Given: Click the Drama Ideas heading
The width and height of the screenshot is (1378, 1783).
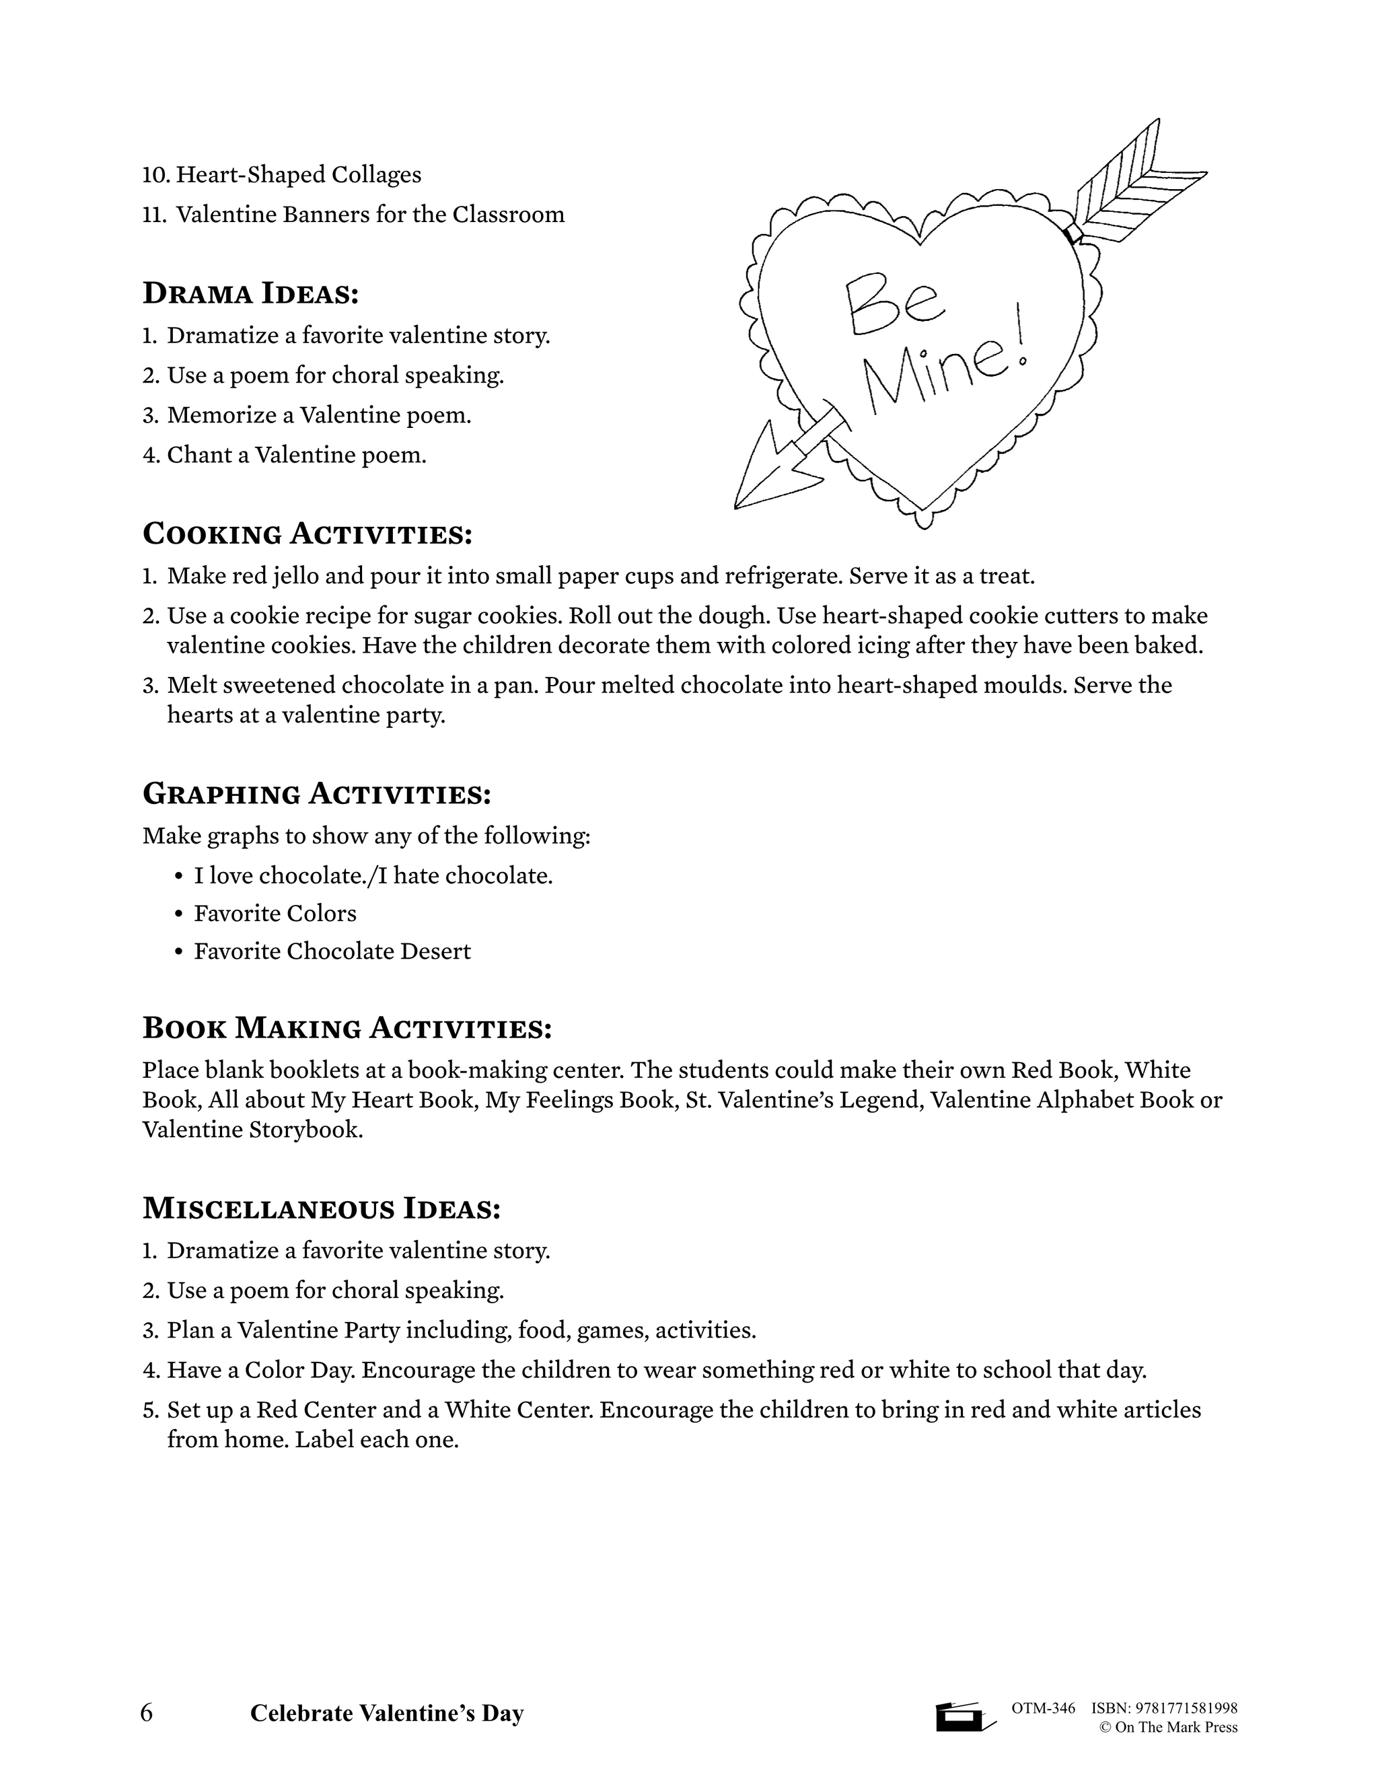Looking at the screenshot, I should point(250,294).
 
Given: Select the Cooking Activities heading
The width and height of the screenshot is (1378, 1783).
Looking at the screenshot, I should point(307,534).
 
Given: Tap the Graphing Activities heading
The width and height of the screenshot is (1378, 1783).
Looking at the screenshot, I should point(317,793).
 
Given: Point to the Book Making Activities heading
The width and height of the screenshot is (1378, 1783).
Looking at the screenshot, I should point(347,1028).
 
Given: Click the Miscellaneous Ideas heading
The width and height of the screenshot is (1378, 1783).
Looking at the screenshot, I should point(321,1208).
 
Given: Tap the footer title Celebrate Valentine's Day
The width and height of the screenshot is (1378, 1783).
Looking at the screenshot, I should point(386,1714).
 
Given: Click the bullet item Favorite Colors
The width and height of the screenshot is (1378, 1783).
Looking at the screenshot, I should point(275,913).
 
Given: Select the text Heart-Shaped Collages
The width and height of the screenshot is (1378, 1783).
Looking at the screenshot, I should point(299,174).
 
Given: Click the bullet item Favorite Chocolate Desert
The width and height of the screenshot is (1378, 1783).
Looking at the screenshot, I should point(332,951).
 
